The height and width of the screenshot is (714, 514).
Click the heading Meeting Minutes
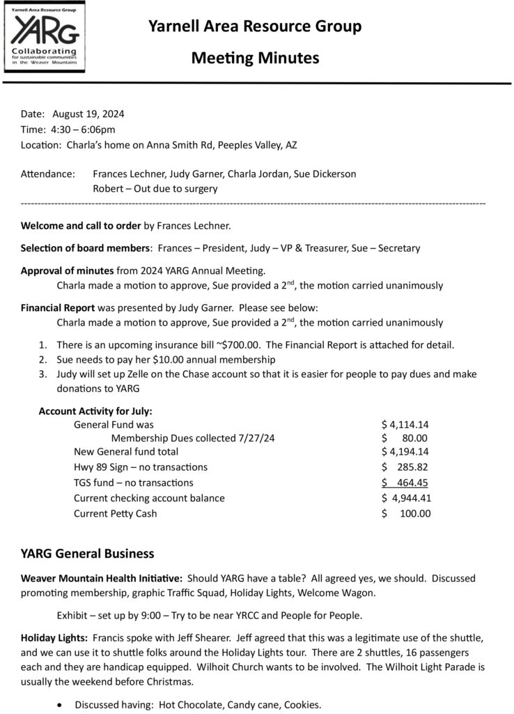pyautogui.click(x=255, y=58)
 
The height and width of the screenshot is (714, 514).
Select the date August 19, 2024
pyautogui.click(x=88, y=114)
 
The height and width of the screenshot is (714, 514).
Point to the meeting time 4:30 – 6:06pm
pyautogui.click(x=82, y=129)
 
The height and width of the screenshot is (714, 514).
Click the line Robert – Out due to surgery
pyautogui.click(x=155, y=188)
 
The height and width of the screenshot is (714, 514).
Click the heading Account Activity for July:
pyautogui.click(x=95, y=411)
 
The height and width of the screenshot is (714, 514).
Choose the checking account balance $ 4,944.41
pyautogui.click(x=407, y=498)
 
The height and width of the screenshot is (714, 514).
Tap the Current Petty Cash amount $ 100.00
pyautogui.click(x=407, y=514)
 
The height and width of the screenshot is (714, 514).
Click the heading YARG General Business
pyautogui.click(x=87, y=554)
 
